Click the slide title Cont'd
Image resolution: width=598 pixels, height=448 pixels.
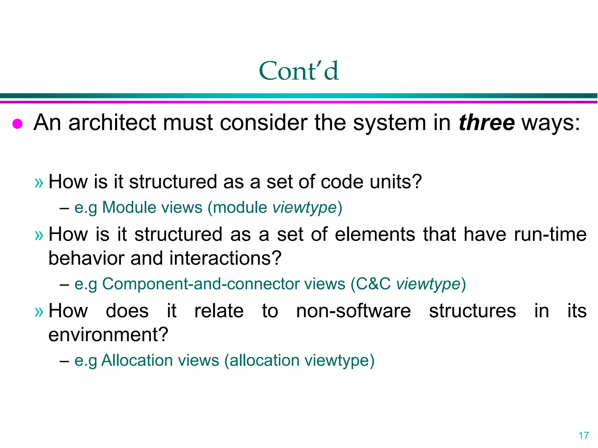pyautogui.click(x=299, y=71)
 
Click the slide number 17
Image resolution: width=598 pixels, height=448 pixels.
pyautogui.click(x=584, y=435)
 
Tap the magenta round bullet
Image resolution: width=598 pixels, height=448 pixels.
pyautogui.click(x=18, y=124)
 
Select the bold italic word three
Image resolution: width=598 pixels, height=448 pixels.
pyautogui.click(x=487, y=123)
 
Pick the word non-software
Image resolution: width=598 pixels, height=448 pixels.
pyautogui.click(x=353, y=311)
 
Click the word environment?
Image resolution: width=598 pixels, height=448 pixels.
pyautogui.click(x=108, y=335)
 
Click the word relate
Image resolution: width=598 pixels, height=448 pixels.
pyautogui.click(x=219, y=311)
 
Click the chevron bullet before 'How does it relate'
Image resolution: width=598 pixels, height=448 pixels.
pyautogui.click(x=39, y=312)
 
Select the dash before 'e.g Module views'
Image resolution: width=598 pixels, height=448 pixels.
pyautogui.click(x=64, y=208)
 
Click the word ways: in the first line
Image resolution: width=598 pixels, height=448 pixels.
pyautogui.click(x=551, y=123)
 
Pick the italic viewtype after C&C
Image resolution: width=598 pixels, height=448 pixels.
pyautogui.click(x=428, y=284)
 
